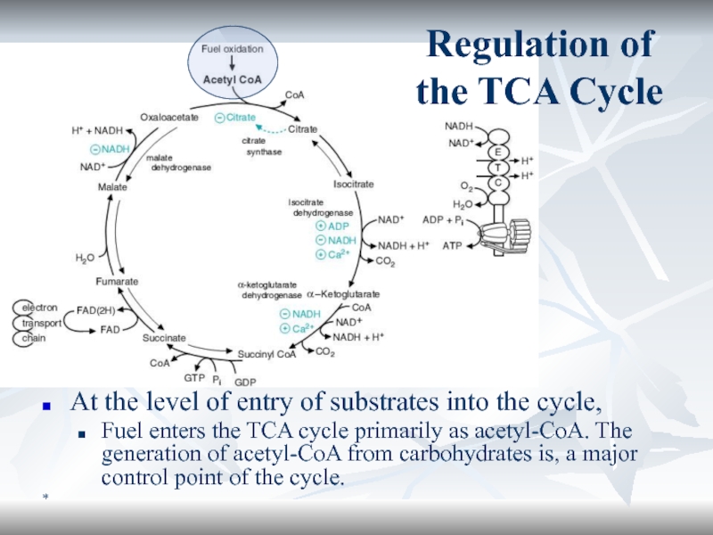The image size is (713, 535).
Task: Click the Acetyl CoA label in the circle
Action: pos(232,79)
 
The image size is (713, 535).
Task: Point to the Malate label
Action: pos(112,187)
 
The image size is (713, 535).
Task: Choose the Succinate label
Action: pos(164,338)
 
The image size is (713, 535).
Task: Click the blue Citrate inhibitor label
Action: pos(240,117)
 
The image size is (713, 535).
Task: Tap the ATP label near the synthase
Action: pos(453,243)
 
